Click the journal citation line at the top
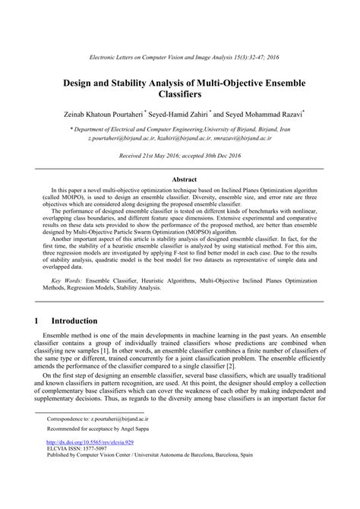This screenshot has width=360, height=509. (179, 58)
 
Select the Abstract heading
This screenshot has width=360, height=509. (179, 179)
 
